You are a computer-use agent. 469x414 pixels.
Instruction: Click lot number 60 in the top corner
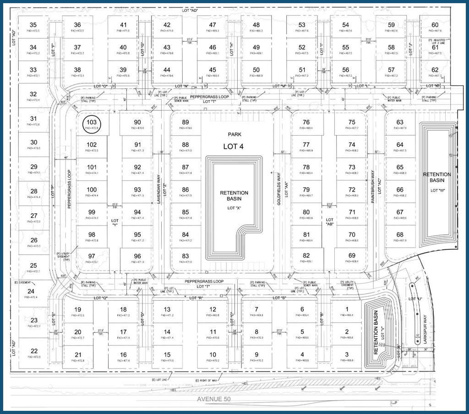tap(435, 25)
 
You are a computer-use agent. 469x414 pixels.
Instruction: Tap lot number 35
tap(33, 25)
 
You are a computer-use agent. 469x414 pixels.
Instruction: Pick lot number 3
tap(347, 354)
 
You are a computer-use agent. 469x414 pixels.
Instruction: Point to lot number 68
tap(400, 235)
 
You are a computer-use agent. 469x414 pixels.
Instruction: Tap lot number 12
tap(213, 309)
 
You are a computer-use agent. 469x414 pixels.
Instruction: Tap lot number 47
tap(213, 25)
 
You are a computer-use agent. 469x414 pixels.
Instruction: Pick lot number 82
tap(306, 255)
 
